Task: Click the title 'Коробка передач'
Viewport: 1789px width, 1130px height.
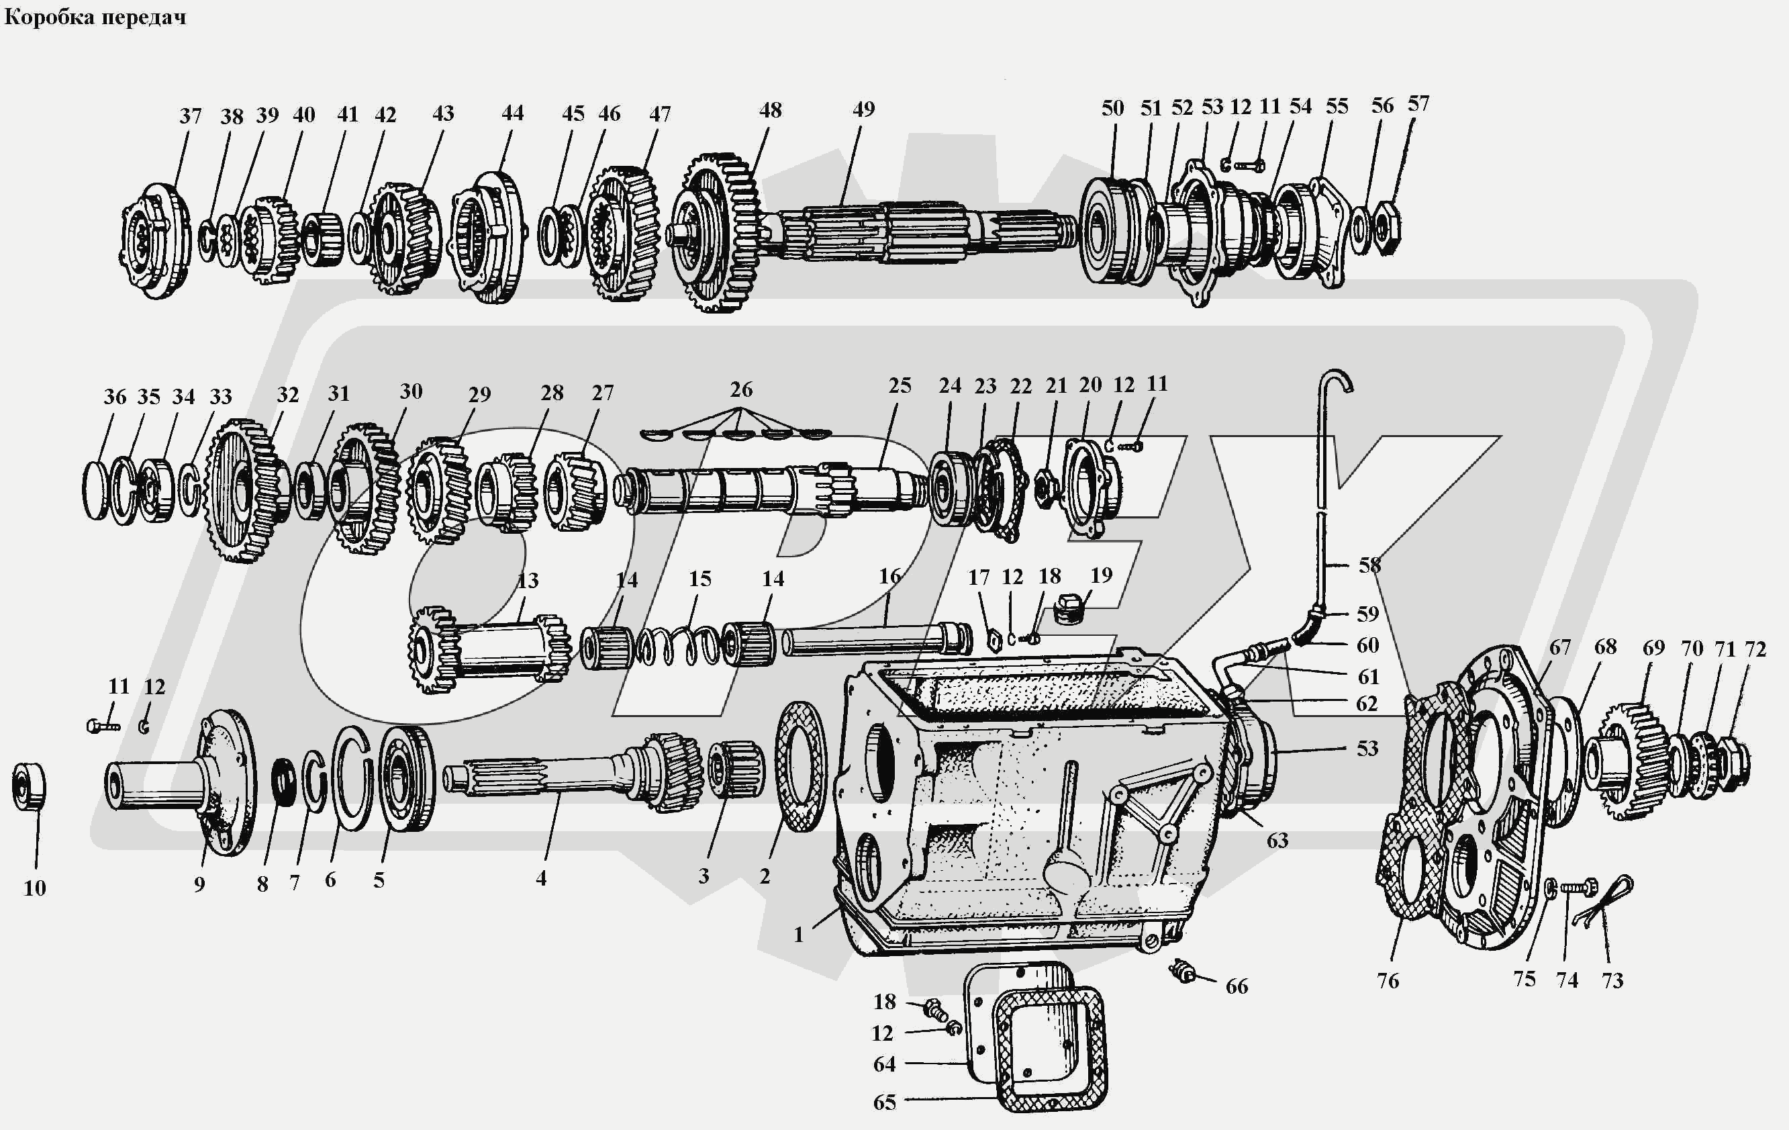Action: pyautogui.click(x=95, y=16)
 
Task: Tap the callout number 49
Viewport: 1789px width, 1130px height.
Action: pyautogui.click(x=863, y=109)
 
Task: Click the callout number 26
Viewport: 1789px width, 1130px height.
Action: pyautogui.click(x=740, y=389)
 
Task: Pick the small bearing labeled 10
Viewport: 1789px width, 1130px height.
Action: pyautogui.click(x=29, y=786)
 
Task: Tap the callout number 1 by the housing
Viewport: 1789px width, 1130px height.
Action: pyautogui.click(x=799, y=935)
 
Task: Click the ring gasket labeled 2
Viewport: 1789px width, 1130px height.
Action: pyautogui.click(x=801, y=766)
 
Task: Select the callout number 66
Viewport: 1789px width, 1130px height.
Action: pyautogui.click(x=1237, y=986)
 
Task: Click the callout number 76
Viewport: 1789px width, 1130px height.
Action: pyautogui.click(x=1388, y=981)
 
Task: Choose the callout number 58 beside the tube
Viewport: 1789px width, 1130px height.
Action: pyautogui.click(x=1369, y=565)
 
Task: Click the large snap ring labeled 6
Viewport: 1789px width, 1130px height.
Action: pyautogui.click(x=352, y=777)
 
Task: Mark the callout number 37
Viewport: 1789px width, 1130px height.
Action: pyautogui.click(x=190, y=116)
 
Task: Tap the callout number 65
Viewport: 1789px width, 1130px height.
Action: pyautogui.click(x=884, y=1102)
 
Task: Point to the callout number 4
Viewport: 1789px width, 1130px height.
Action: pyautogui.click(x=541, y=878)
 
